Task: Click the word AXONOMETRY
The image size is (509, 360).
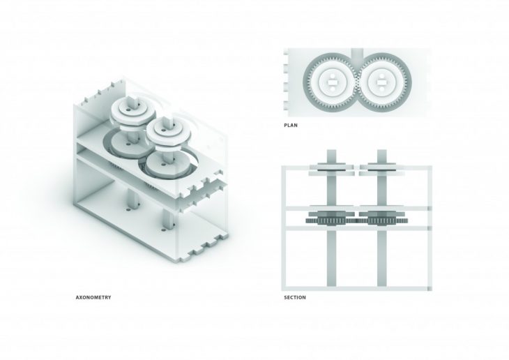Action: [93, 297]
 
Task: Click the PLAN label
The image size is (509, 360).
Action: [292, 126]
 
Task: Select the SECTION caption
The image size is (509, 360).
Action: [295, 298]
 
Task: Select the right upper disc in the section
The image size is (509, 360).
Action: [383, 167]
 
